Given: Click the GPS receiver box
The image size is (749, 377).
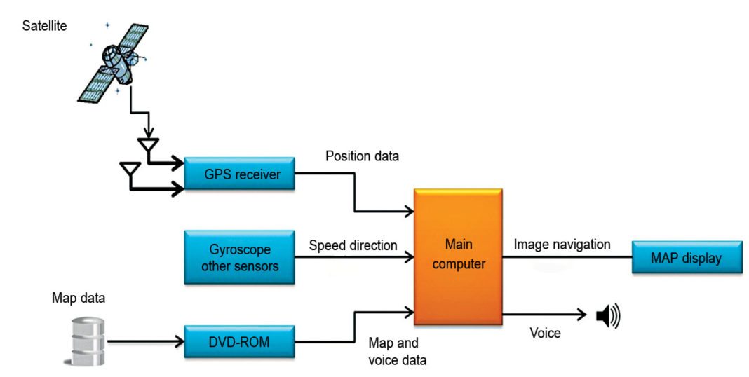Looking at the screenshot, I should pyautogui.click(x=239, y=174).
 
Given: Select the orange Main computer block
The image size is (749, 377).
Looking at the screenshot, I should pyautogui.click(x=459, y=256).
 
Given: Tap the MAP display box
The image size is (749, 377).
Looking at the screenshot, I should pyautogui.click(x=686, y=258).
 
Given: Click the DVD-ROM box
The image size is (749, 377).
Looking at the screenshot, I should pyautogui.click(x=239, y=343).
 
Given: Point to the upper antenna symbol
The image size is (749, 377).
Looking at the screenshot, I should pyautogui.click(x=148, y=146).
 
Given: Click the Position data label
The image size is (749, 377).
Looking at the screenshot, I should pyautogui.click(x=362, y=156).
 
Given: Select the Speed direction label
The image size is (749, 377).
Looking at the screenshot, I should pyautogui.click(x=353, y=246).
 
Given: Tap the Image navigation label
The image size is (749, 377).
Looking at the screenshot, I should pyautogui.click(x=562, y=245).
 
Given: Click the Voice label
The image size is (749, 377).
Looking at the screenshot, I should pyautogui.click(x=545, y=334).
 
